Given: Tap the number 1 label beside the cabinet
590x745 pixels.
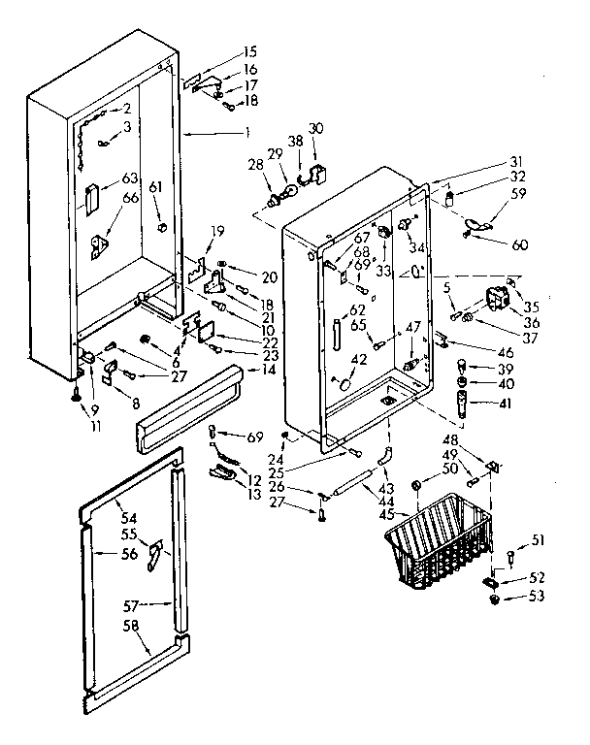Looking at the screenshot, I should point(247,132).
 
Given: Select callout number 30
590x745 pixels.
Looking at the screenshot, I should point(316,129).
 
